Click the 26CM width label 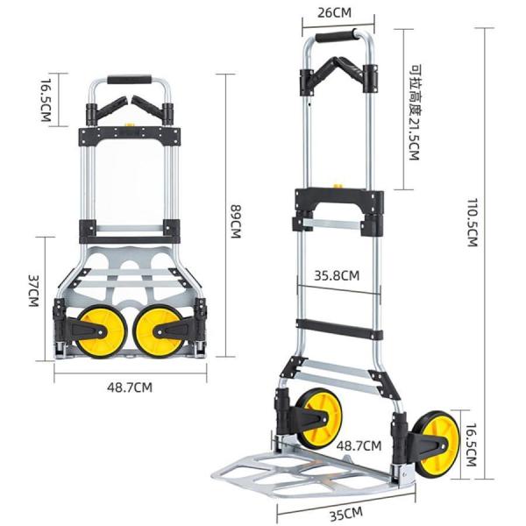(x=334, y=12)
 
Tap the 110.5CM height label (x=473, y=223)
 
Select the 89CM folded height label (x=236, y=221)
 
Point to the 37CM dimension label (x=33, y=291)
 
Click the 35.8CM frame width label (x=337, y=275)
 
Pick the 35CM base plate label (x=346, y=514)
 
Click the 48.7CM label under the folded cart (x=130, y=387)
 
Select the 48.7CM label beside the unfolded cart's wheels (x=359, y=446)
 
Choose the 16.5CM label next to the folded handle (x=46, y=100)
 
